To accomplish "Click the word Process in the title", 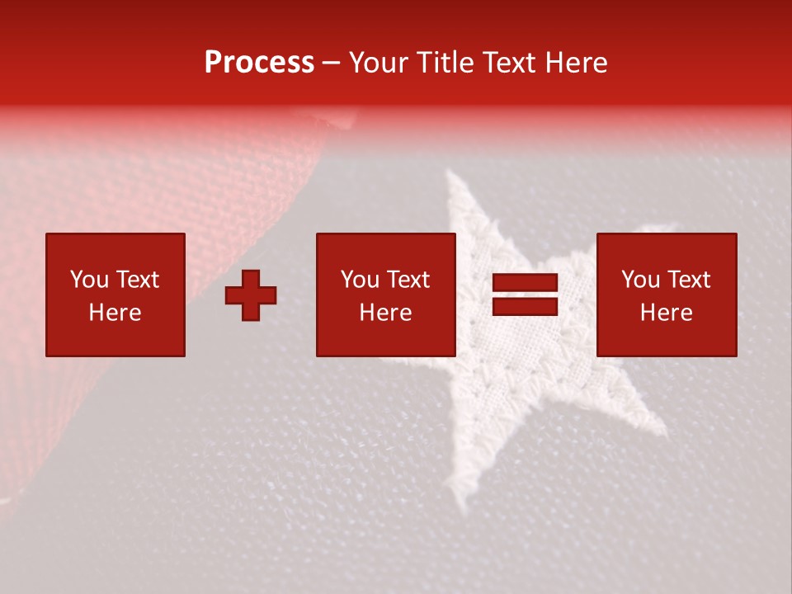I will coord(259,63).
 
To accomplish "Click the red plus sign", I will coord(251,295).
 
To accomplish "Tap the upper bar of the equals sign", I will coord(525,284).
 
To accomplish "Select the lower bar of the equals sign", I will coord(525,306).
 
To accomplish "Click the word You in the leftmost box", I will coord(88,280).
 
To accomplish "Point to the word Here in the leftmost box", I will coord(115,313).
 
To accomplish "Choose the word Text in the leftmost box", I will coord(137,280).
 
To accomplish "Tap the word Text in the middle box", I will coord(408,280).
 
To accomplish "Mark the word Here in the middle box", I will coord(385,313).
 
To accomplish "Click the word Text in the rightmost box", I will coord(688,280).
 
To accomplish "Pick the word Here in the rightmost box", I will coord(666,313).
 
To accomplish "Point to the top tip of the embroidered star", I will coord(452,175).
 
